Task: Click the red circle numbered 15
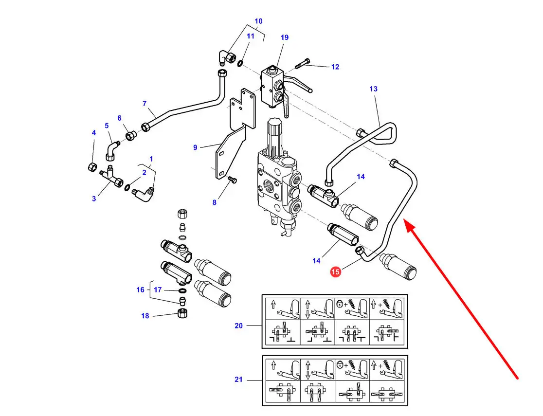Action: click(x=335, y=271)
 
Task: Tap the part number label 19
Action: click(x=284, y=37)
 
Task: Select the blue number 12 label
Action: click(x=335, y=67)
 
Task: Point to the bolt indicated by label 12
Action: click(x=302, y=64)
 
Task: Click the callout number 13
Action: click(x=373, y=89)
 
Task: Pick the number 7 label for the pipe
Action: click(x=145, y=104)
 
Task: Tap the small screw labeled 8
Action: click(x=233, y=180)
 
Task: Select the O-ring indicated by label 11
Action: click(x=240, y=64)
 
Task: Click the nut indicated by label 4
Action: click(x=92, y=167)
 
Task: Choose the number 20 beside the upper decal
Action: click(x=238, y=326)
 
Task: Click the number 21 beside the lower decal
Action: click(x=238, y=380)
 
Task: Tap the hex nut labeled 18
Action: click(x=182, y=313)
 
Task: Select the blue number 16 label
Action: click(x=140, y=289)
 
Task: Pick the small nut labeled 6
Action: click(x=130, y=135)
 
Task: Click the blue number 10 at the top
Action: click(x=258, y=21)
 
